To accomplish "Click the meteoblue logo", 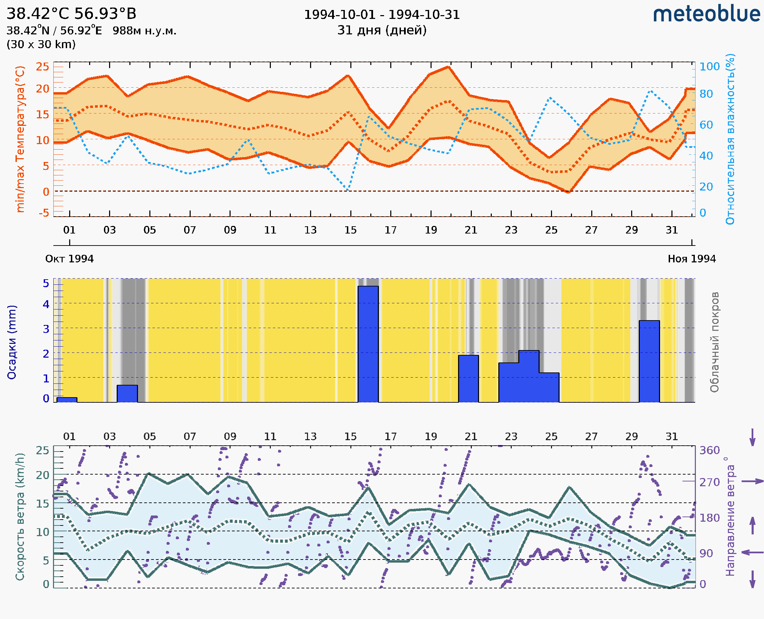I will [706, 14].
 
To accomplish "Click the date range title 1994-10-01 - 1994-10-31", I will [382, 15].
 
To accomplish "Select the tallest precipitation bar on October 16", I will [368, 344].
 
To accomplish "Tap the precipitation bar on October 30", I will [649, 361].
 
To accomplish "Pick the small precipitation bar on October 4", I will [127, 394].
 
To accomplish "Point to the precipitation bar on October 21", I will [468, 379].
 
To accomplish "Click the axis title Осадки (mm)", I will [12, 342].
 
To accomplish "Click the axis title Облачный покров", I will [714, 342].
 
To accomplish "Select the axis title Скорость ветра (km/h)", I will [20, 517].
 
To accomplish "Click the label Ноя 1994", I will [692, 259].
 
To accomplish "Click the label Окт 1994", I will [69, 259].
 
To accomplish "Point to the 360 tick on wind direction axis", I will [709, 450].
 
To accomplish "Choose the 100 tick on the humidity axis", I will [709, 67].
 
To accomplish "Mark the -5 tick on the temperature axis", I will [44, 213].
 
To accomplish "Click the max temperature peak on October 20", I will [448, 67].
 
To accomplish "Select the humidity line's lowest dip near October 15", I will [348, 189].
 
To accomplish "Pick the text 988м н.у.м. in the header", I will [144, 31].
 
